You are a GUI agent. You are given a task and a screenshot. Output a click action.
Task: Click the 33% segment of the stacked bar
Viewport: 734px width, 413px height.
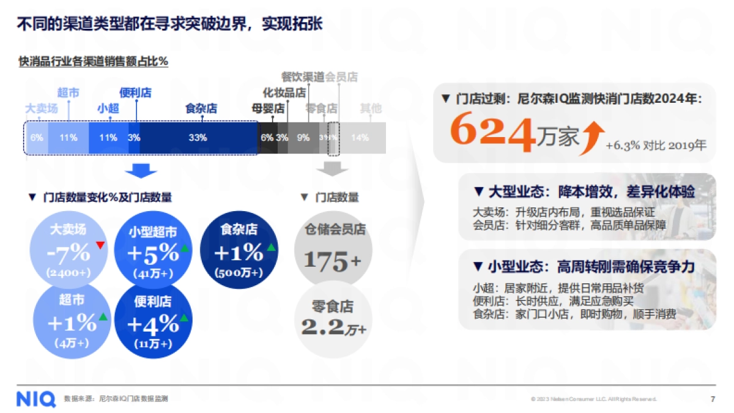click(198, 138)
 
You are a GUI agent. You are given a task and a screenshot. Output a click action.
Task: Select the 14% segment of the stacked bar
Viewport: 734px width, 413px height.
click(360, 138)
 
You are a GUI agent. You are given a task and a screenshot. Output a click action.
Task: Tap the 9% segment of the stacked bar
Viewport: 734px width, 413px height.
click(303, 138)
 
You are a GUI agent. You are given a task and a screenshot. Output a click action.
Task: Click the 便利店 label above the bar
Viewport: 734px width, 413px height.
click(135, 93)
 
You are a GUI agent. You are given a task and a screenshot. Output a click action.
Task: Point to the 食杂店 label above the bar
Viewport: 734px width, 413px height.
click(201, 108)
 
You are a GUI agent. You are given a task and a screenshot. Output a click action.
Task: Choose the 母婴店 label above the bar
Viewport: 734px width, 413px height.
click(268, 108)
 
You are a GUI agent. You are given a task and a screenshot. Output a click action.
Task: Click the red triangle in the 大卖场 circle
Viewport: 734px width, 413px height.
click(101, 245)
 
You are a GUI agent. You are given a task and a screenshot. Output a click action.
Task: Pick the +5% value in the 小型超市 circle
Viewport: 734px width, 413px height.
click(153, 252)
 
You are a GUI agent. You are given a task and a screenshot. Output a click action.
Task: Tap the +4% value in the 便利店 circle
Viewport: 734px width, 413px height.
click(153, 322)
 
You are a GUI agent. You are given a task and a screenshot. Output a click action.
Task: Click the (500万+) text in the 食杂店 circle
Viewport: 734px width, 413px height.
click(239, 272)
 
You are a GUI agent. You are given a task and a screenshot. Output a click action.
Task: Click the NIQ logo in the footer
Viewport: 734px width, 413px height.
click(36, 398)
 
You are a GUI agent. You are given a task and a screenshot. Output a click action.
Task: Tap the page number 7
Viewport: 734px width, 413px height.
click(713, 399)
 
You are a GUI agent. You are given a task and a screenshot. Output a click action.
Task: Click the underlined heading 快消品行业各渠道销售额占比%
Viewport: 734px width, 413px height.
click(94, 61)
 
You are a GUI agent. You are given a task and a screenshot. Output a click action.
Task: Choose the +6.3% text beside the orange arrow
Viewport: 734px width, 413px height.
click(623, 146)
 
